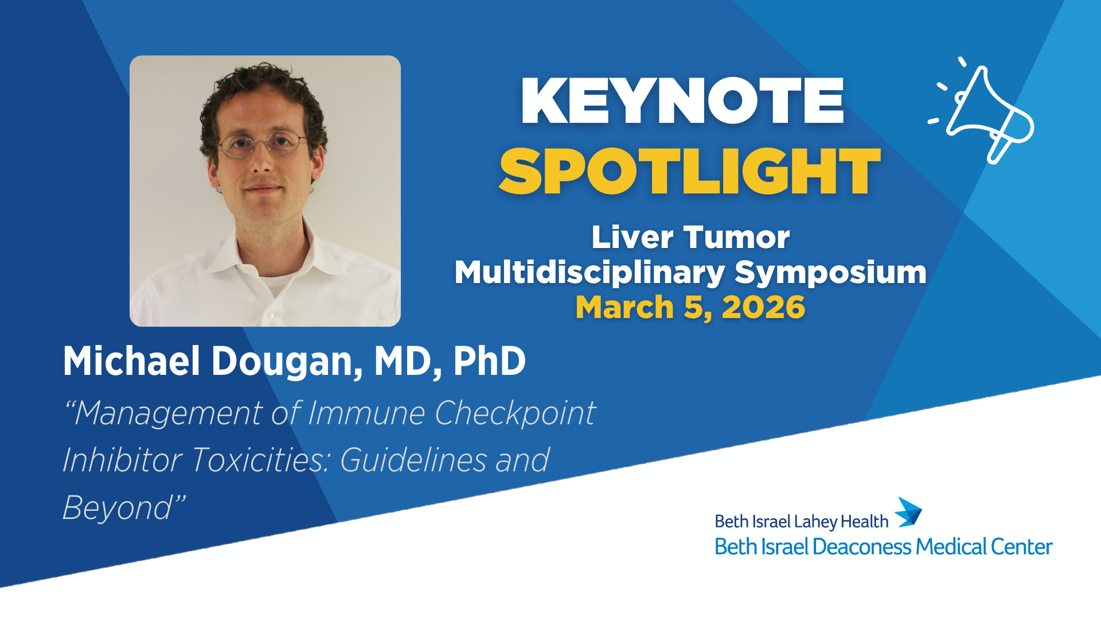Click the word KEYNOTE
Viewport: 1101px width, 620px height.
point(682,101)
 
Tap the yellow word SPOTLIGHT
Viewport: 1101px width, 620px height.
point(690,171)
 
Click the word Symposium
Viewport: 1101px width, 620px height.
point(831,273)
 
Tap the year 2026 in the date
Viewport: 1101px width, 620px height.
point(763,307)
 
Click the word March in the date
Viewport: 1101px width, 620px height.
point(624,307)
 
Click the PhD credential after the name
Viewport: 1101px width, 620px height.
point(489,361)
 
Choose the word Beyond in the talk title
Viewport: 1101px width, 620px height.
point(117,509)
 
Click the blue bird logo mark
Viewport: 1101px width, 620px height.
point(908,512)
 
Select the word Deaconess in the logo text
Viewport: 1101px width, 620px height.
point(861,547)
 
